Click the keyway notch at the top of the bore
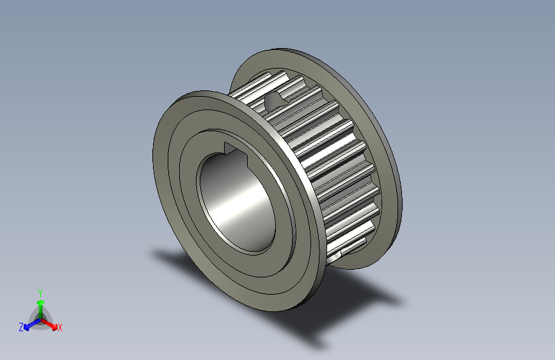coord(230,149)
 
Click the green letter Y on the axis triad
coord(40,291)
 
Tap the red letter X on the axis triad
coord(60,328)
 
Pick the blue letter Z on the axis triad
coord(21,327)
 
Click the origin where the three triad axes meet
coord(40,318)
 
